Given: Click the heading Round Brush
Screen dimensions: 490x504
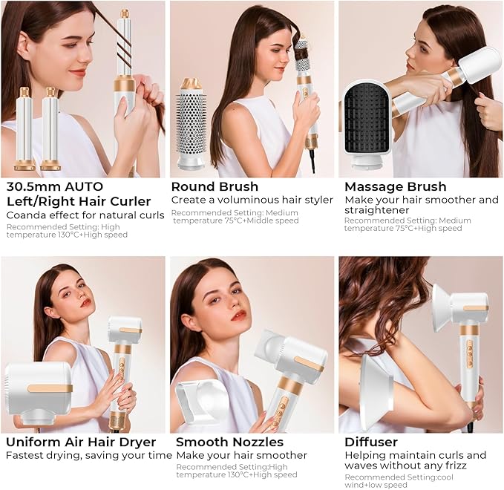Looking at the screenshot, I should coord(215,186).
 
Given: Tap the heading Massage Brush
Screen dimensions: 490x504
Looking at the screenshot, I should coord(395,186).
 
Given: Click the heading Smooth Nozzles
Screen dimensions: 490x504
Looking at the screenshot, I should coord(229,442).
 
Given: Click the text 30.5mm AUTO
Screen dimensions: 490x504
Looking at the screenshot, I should coord(54,186).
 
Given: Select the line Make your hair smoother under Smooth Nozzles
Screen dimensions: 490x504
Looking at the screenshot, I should coord(241,455).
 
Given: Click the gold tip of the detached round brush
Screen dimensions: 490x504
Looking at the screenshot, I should coord(192,84).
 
